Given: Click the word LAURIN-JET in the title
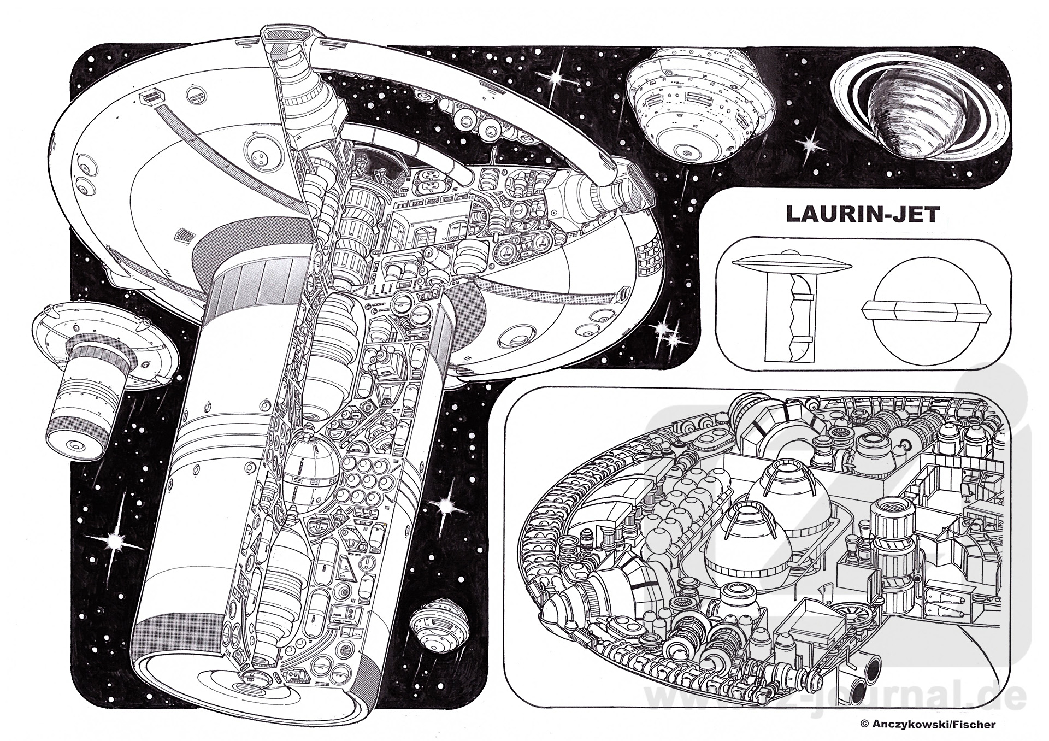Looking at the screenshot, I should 862,214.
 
